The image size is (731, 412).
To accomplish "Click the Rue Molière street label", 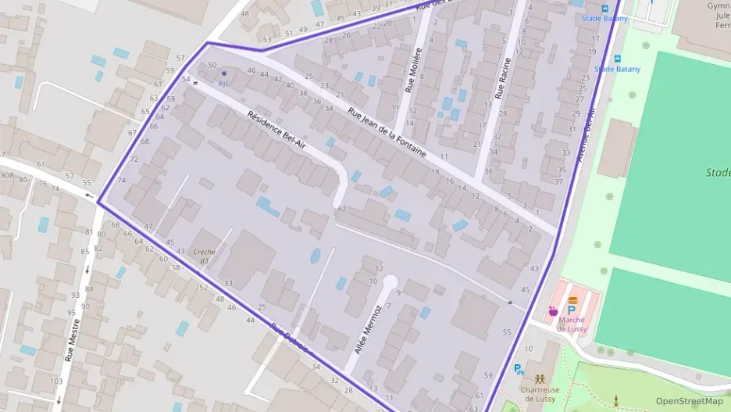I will pos(414,70).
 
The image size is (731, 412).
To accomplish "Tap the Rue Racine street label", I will pos(502,78).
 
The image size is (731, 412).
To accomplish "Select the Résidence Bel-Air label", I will pos(277,131).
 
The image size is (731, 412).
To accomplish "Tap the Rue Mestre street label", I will pos(72,339).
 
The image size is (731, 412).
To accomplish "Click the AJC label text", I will pos(224,84).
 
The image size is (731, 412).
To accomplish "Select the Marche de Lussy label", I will pos(571,324).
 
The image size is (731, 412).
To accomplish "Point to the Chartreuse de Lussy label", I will pos(540,394).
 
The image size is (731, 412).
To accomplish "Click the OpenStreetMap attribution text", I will pos(689,401).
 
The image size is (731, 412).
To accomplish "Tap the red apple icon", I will pos(554,311).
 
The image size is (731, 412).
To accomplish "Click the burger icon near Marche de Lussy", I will pos(572,300).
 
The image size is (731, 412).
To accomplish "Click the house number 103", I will pos(55,382).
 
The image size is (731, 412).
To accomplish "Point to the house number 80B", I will pos(8,177).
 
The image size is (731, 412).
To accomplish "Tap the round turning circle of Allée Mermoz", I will pos(389,282).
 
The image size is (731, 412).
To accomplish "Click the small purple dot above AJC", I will pos(224,73).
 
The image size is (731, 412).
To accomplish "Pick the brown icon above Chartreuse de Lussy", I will pos(540,378).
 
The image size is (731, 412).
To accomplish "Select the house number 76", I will pos(43,185).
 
